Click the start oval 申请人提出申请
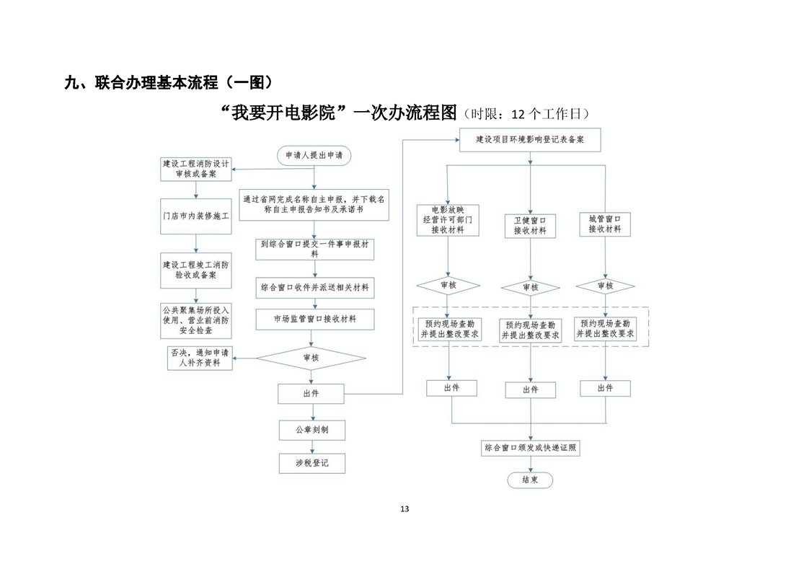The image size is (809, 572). [x=314, y=155]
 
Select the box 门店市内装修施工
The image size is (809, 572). [x=196, y=216]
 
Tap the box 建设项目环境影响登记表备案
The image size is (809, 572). [x=530, y=140]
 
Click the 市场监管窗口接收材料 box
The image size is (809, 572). [x=314, y=320]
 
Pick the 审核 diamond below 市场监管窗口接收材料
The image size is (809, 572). [x=311, y=358]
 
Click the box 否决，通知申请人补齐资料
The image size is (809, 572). [x=200, y=358]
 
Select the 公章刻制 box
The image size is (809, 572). [x=312, y=430]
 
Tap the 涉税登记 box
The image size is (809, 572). [x=312, y=464]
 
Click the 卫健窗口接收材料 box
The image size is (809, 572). [x=530, y=226]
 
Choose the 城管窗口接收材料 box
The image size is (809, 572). [x=605, y=224]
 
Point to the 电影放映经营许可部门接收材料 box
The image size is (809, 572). [x=448, y=221]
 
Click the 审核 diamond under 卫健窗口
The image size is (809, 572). [x=531, y=288]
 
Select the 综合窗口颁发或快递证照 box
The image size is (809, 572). [x=531, y=448]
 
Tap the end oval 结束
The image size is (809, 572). [x=530, y=480]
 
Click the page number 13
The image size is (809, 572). [x=404, y=509]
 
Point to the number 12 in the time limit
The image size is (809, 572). [x=518, y=114]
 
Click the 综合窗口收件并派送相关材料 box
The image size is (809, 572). [x=314, y=288]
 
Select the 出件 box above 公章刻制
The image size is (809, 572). [x=311, y=394]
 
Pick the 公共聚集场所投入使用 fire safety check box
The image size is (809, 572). [x=196, y=320]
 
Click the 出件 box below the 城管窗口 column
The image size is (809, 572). [x=605, y=389]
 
